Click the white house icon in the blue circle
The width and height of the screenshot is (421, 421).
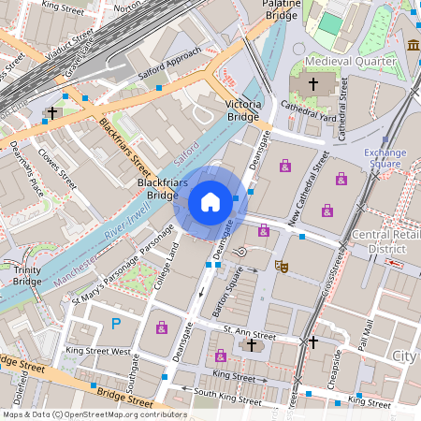(210, 202)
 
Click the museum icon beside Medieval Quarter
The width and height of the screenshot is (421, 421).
(414, 45)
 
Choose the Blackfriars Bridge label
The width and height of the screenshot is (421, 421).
(157, 189)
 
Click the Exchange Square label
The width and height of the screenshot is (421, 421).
(385, 158)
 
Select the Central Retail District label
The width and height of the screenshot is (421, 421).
(385, 242)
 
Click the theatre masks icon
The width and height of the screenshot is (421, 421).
(280, 266)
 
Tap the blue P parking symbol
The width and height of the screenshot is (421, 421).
(116, 324)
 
